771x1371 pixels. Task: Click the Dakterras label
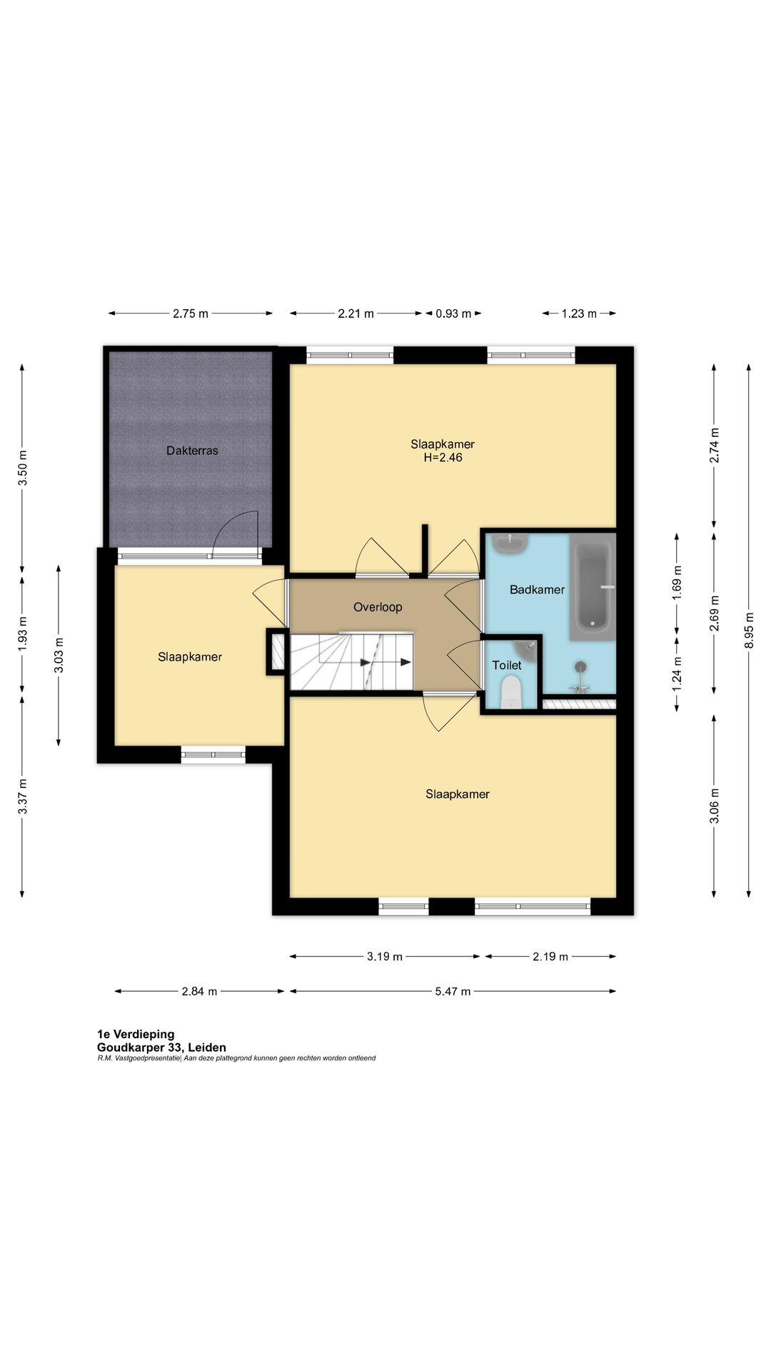point(192,451)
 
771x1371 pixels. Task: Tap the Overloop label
point(378,607)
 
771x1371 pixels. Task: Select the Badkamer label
point(537,590)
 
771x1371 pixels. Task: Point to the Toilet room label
point(507,666)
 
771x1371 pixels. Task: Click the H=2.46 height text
point(443,458)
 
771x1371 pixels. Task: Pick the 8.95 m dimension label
point(749,631)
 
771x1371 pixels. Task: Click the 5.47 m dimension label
point(453,991)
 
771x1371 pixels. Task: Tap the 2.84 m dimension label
point(199,991)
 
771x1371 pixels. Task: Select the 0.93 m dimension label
point(453,313)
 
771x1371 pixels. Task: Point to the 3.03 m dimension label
point(59,656)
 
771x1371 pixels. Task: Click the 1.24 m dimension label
point(677,673)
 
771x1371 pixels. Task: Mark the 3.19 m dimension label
point(385,957)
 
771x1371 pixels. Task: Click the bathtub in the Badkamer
point(593,586)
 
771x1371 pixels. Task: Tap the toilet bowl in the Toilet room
point(511,692)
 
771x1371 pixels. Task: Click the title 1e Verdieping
point(136,1034)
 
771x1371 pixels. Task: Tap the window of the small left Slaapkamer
point(213,754)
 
